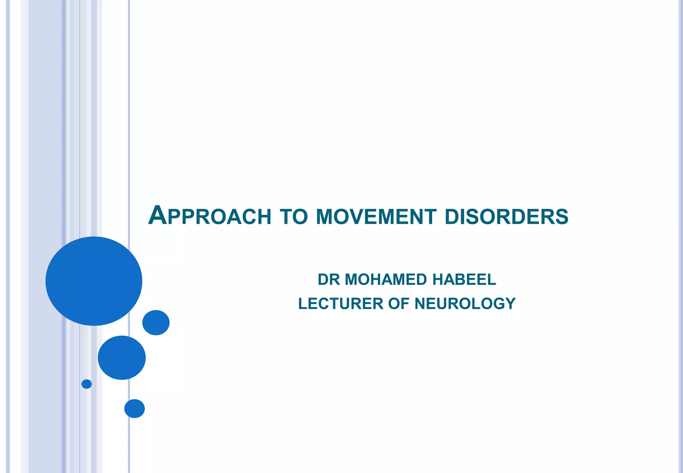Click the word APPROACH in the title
click(210, 216)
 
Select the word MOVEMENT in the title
click(376, 217)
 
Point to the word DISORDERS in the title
click(506, 217)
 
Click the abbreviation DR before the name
click(328, 280)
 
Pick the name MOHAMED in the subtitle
click(386, 280)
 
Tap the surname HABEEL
click(464, 280)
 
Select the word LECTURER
click(340, 304)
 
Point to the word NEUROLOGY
click(465, 304)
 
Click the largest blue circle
click(94, 281)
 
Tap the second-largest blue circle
click(122, 358)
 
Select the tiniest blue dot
click(87, 384)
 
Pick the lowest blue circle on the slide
click(134, 408)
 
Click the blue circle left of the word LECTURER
click(156, 323)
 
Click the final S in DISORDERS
click(562, 217)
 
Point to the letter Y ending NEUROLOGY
click(511, 304)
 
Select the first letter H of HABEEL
click(438, 280)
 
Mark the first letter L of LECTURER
click(302, 304)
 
